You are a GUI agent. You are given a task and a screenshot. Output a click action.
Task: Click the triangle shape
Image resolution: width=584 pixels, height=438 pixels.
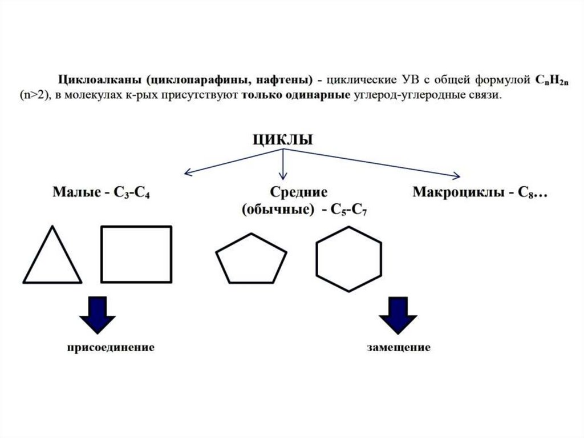(52, 260)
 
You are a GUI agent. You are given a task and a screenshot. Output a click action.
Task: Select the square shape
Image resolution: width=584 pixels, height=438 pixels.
(136, 254)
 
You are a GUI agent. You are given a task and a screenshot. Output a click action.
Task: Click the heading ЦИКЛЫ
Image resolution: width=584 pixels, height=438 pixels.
(283, 140)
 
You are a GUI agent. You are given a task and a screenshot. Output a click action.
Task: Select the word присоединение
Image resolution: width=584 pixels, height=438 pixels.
(111, 347)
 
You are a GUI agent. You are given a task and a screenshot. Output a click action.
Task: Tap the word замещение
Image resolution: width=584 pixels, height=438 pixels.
(399, 347)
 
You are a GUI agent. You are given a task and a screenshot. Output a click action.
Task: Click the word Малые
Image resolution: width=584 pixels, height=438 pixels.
(73, 192)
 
